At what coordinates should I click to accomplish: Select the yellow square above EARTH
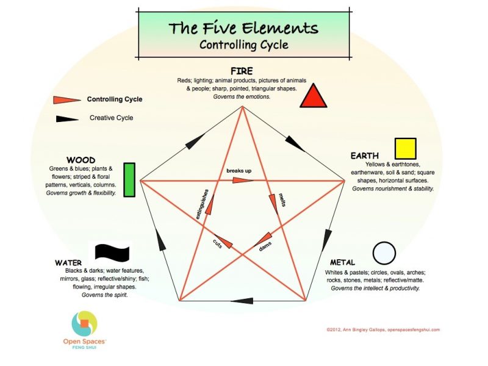click(405, 149)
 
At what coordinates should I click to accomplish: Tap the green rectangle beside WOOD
click(129, 180)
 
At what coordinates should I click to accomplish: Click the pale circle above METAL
click(384, 253)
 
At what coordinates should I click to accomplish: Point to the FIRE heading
click(242, 71)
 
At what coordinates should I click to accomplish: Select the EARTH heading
click(365, 156)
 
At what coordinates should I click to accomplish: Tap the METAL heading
click(342, 263)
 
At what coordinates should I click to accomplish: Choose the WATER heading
click(68, 263)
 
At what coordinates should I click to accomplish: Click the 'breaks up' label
click(239, 170)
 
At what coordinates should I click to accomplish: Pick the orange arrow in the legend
click(66, 100)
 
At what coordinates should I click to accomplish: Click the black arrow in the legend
click(66, 118)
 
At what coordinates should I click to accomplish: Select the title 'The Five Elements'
click(243, 28)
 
